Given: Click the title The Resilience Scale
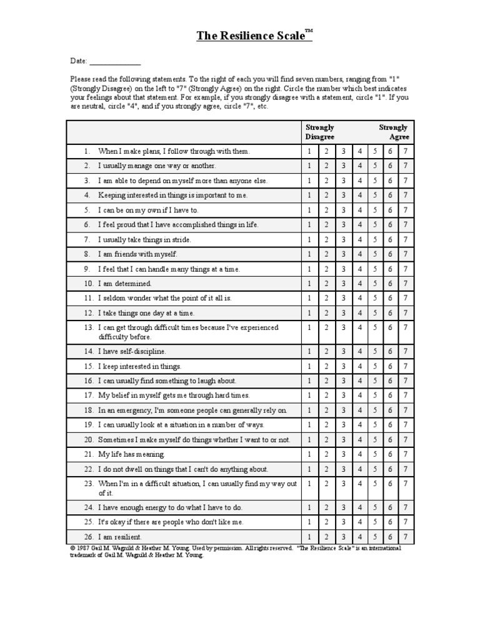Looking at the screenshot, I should tap(250, 36).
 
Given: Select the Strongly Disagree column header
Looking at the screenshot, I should tap(319, 132).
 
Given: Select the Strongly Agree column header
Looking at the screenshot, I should tap(394, 132).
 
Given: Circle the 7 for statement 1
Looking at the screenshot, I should tap(406, 151).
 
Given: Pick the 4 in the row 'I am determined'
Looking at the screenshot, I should tap(359, 284).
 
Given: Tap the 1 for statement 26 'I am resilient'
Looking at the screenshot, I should tap(309, 537).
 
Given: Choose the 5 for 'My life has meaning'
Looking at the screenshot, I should tap(375, 454).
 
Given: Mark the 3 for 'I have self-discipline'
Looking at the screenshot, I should tap(342, 351).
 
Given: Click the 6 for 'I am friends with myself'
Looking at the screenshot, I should tap(390, 254).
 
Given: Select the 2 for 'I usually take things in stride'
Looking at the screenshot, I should tap(326, 239).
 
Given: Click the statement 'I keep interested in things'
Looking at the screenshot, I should tap(139, 366).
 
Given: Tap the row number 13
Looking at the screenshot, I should tap(87, 327).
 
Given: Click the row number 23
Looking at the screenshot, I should tap(87, 484).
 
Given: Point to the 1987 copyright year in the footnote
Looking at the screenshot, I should tap(84, 548).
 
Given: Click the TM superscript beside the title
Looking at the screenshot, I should tap(308, 30).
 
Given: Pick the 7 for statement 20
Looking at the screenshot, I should tap(406, 440).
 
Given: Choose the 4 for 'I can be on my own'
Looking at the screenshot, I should tap(359, 210).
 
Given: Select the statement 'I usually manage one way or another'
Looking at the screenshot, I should tap(157, 166).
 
